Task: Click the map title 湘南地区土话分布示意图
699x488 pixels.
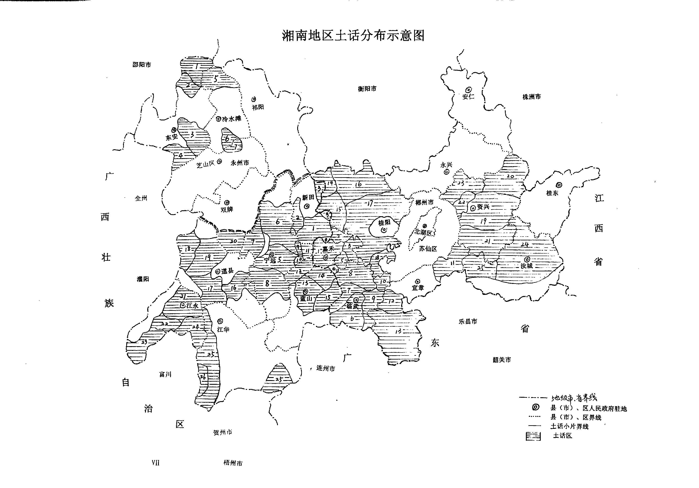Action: click(353, 36)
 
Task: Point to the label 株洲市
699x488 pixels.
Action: click(532, 97)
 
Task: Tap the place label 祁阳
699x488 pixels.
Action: click(258, 107)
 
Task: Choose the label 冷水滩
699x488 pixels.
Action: click(231, 119)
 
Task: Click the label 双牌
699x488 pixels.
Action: click(227, 210)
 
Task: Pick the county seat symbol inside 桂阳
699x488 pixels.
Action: click(384, 230)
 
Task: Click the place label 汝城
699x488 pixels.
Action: click(526, 266)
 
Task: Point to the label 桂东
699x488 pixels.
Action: click(552, 193)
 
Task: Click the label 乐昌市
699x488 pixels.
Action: click(468, 322)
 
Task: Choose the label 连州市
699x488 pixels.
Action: click(325, 368)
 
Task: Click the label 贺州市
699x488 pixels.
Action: click(223, 432)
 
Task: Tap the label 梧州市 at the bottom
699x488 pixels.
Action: click(233, 463)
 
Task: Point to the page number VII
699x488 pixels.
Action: click(155, 463)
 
